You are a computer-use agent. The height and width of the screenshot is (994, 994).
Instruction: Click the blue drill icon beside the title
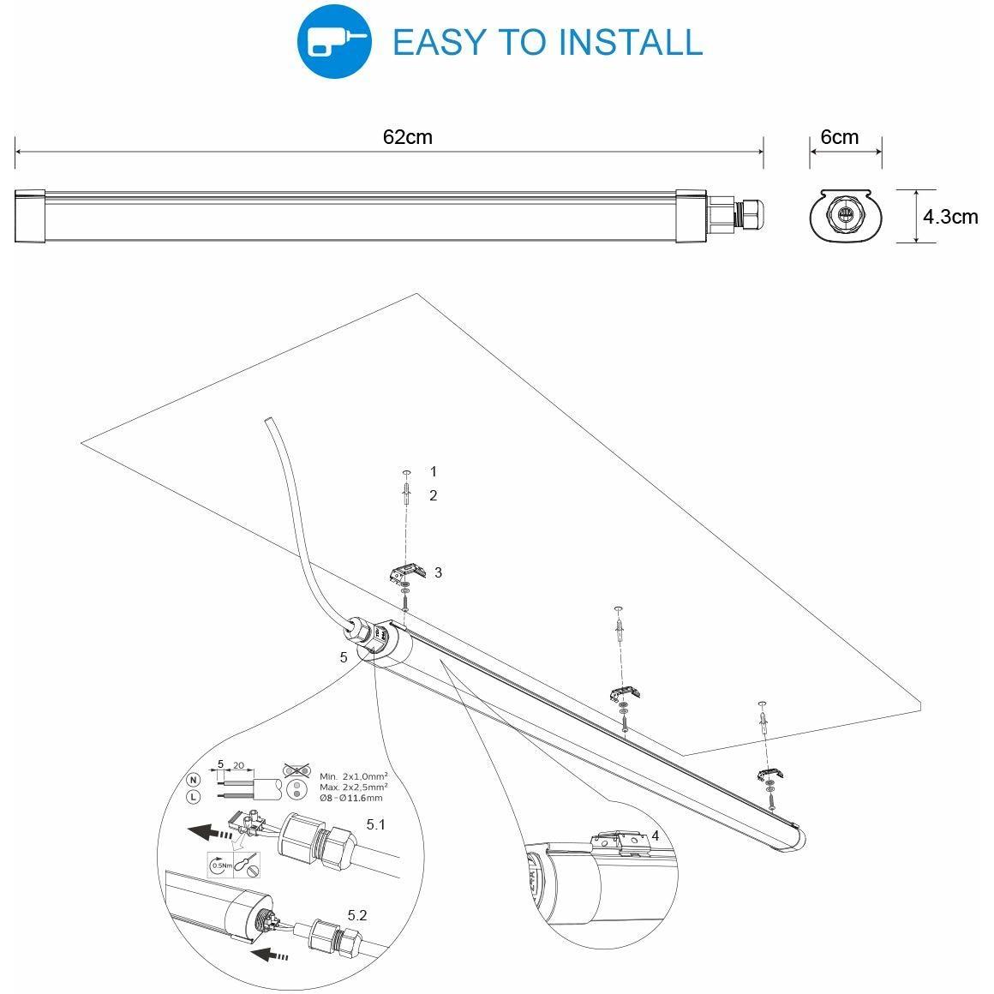click(334, 41)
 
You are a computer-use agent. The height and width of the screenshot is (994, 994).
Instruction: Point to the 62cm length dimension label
click(408, 137)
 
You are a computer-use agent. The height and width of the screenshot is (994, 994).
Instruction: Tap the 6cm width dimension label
click(839, 137)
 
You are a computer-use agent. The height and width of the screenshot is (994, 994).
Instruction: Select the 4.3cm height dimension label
click(949, 217)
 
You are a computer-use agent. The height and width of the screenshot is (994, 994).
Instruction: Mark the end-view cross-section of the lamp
click(846, 216)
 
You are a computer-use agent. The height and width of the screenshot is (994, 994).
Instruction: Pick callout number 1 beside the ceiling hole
click(434, 471)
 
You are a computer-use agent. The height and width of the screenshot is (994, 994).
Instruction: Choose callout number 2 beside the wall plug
click(433, 496)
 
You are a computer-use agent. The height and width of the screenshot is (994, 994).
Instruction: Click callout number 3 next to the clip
click(438, 572)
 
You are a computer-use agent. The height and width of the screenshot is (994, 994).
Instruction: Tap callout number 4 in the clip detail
click(655, 836)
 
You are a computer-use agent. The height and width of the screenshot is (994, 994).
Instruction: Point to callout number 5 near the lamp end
click(344, 657)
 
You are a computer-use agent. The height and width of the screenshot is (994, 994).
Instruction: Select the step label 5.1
click(376, 824)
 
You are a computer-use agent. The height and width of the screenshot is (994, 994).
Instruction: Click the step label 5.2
click(357, 915)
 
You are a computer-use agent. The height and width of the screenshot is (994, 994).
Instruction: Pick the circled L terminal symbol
click(194, 798)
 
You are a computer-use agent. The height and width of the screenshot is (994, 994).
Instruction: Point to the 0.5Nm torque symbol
click(221, 865)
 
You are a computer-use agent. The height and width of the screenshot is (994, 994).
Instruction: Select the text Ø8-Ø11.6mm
click(351, 798)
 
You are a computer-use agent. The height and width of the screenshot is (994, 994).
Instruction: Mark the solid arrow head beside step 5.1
click(198, 829)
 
